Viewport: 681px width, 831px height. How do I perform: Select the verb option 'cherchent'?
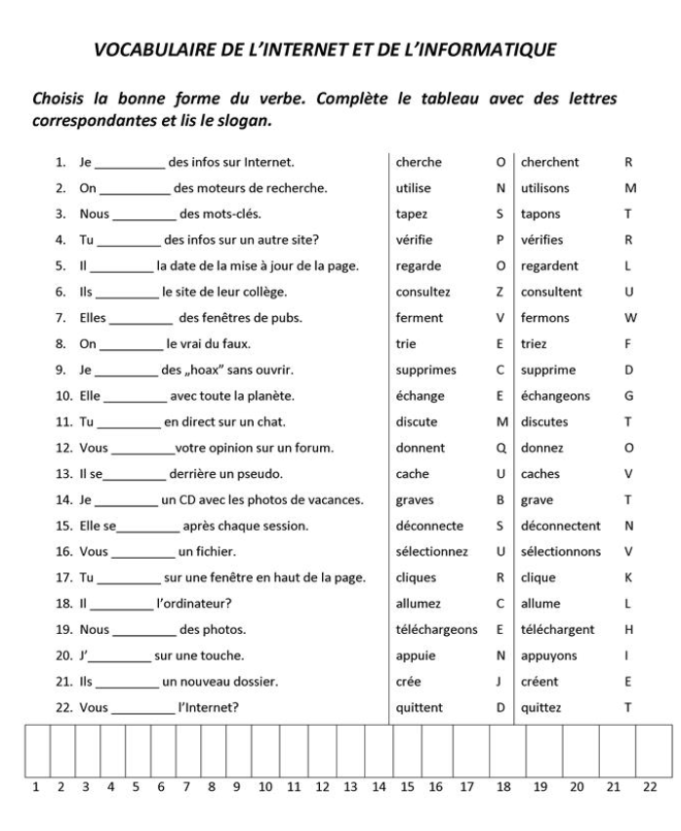click(x=550, y=162)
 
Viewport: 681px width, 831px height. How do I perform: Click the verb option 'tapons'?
click(x=541, y=214)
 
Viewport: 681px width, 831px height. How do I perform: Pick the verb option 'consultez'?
click(x=422, y=292)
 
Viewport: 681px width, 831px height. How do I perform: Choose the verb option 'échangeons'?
click(x=557, y=396)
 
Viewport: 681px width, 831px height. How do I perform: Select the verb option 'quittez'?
click(x=541, y=708)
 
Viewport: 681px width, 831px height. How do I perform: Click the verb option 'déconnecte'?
click(x=430, y=526)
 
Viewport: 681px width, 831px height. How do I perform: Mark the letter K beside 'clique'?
click(x=628, y=577)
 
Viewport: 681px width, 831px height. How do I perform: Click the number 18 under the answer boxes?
click(x=504, y=786)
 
